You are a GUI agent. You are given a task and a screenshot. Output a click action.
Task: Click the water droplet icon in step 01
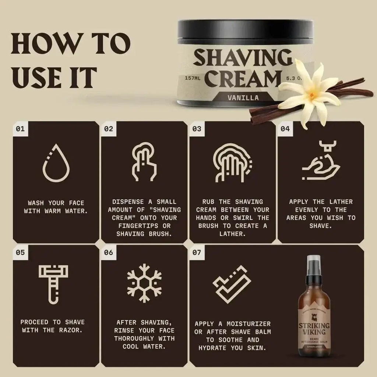[x=56, y=162]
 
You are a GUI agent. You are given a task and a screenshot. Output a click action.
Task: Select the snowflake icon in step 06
[x=144, y=283]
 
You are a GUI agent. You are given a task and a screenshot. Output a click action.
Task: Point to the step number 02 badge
[x=109, y=129]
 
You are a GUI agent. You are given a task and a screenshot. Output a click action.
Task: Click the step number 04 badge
[x=285, y=129]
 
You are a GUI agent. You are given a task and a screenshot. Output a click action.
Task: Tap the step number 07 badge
[x=197, y=253]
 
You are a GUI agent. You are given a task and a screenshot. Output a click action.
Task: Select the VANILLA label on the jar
[x=243, y=98]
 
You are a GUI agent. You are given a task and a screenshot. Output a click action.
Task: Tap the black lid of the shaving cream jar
[x=245, y=31]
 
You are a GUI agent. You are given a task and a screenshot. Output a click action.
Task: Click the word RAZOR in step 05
[x=70, y=330]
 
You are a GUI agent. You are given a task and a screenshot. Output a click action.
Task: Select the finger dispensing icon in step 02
[x=144, y=162]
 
